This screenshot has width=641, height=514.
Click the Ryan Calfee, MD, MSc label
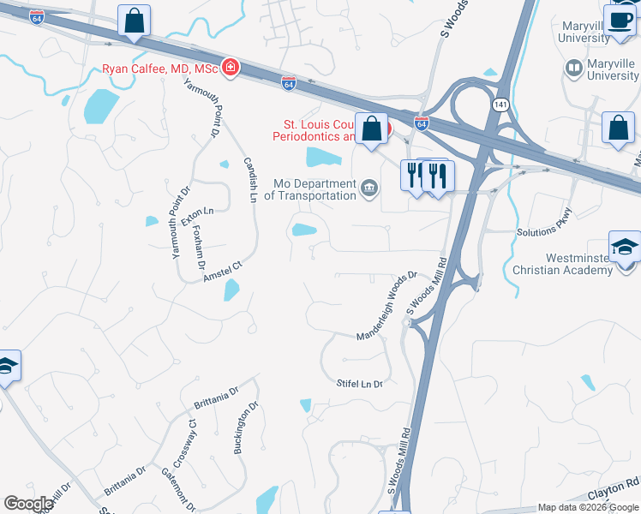160,69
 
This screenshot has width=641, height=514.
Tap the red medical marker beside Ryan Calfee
230,67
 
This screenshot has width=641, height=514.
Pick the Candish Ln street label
250,178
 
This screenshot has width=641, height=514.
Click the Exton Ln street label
196,210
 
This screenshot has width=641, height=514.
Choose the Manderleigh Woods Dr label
386,304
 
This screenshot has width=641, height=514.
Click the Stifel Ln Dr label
364,383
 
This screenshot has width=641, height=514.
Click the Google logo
29,504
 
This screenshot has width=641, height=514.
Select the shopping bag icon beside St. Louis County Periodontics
372,129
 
